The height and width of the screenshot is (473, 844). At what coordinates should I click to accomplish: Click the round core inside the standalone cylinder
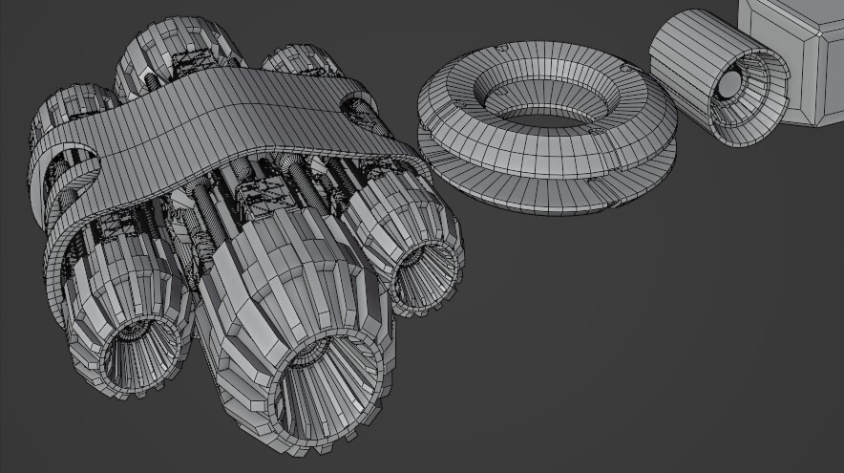click(730, 86)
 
